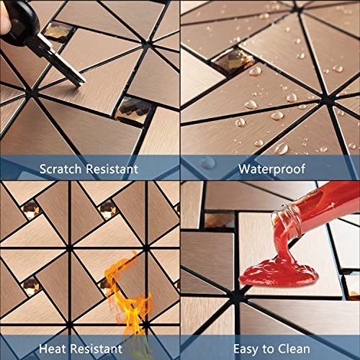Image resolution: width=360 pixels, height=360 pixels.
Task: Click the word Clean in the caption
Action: coord(301,350)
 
